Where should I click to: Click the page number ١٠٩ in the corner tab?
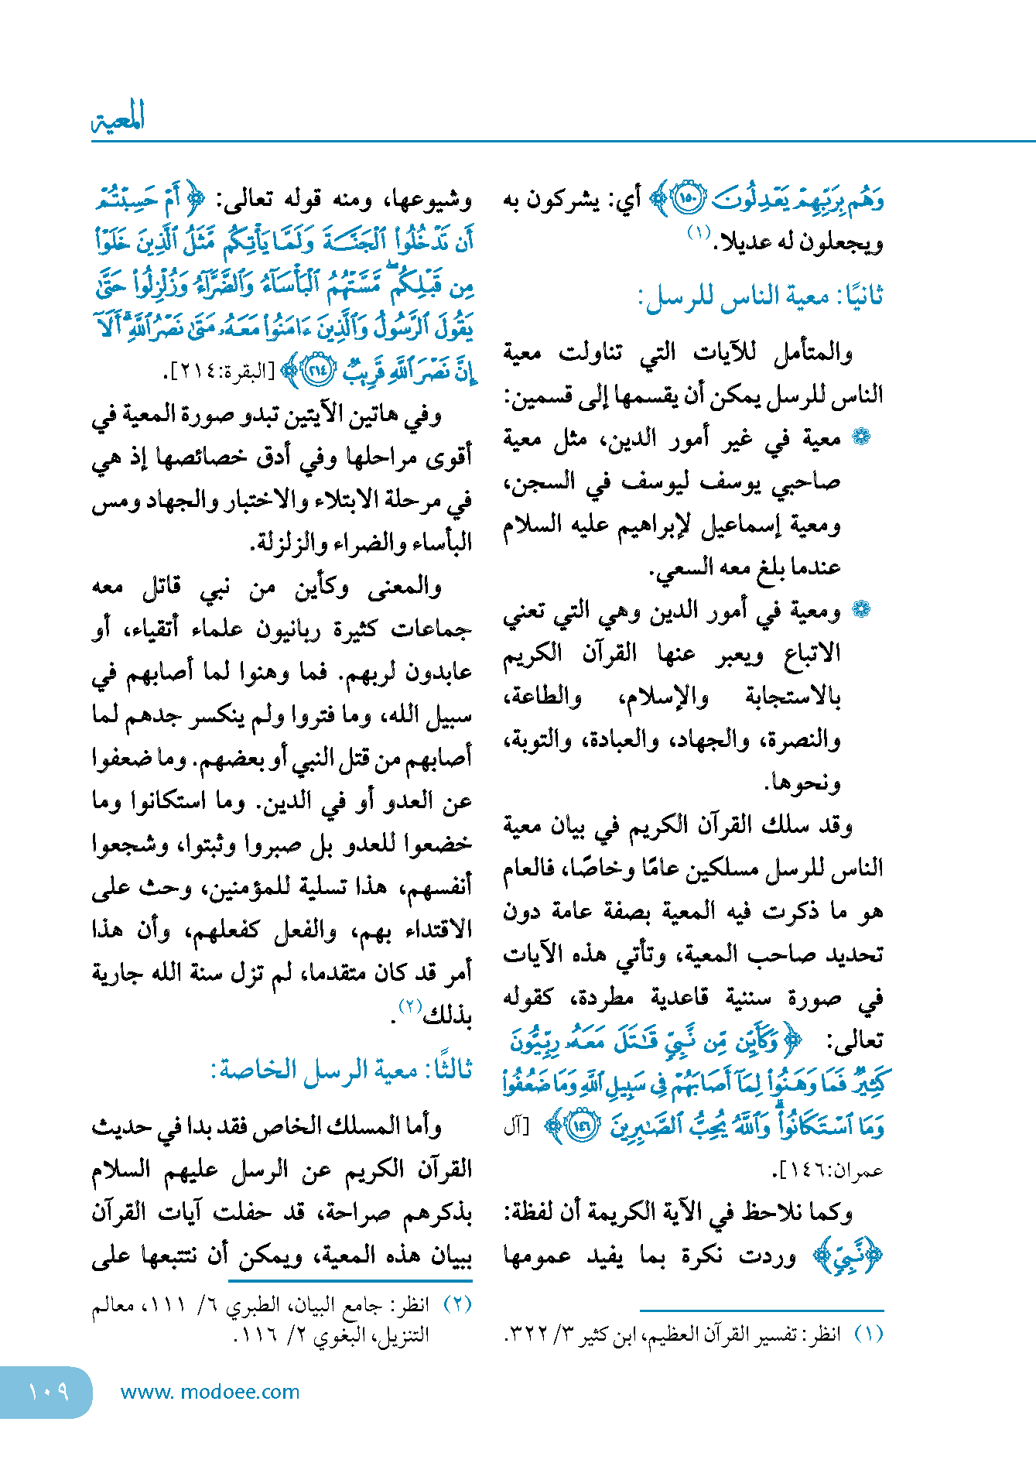(x=48, y=1392)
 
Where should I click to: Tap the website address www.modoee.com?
(x=210, y=1392)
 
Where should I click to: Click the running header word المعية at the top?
(x=118, y=118)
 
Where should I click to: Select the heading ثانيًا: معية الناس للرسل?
(x=761, y=296)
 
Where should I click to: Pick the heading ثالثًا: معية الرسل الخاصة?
(x=341, y=1070)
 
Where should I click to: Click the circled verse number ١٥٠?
(x=686, y=200)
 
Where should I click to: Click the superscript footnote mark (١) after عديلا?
(x=699, y=231)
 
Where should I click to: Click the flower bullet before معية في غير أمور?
(x=860, y=438)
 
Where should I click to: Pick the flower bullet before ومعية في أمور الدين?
(x=860, y=610)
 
